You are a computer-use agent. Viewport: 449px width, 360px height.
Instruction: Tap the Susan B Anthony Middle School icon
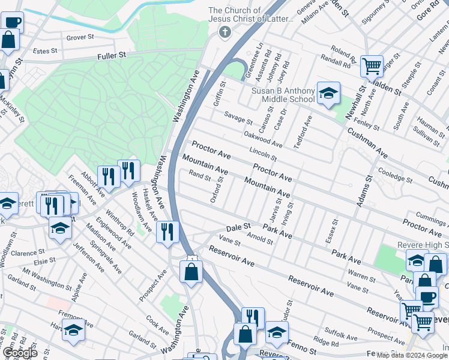328,93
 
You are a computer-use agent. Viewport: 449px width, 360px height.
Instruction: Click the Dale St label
238,228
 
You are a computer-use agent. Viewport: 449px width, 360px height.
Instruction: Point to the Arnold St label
260,238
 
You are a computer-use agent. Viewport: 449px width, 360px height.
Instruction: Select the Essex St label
330,229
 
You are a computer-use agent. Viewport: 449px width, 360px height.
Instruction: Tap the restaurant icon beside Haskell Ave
167,231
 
